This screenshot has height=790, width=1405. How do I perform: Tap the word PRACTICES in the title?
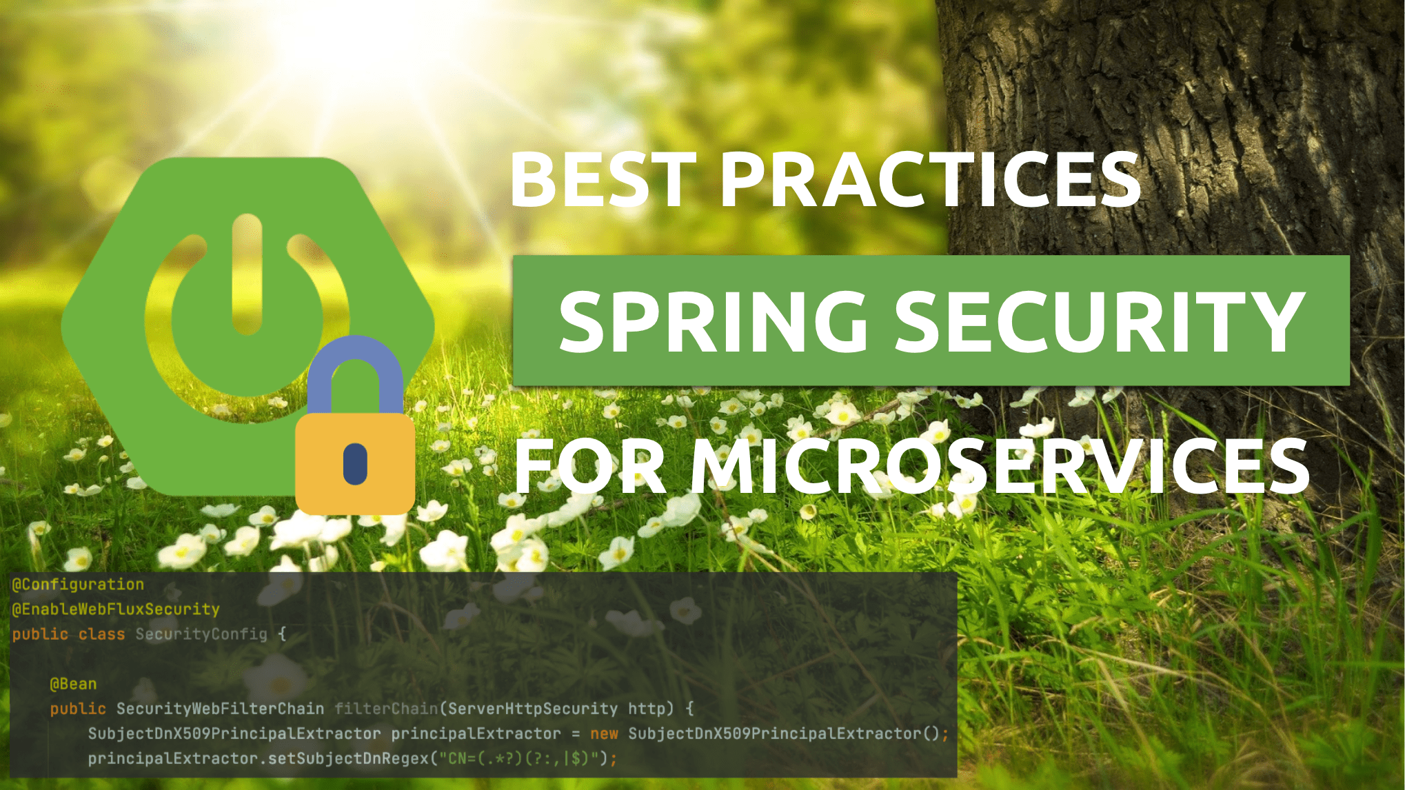[931, 179]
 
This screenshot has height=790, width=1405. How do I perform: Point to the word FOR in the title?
[590, 467]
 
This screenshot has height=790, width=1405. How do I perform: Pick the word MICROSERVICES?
[1000, 467]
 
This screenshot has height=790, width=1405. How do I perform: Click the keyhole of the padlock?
[355, 463]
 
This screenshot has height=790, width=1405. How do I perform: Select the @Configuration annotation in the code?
[78, 585]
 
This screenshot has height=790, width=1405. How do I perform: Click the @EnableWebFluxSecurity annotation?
[116, 609]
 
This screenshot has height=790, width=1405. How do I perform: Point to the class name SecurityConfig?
[201, 634]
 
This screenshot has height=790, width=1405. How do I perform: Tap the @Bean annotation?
[73, 684]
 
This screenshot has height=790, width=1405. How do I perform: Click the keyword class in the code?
[101, 634]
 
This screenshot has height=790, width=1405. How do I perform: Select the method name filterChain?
[386, 709]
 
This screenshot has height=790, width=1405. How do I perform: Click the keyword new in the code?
[604, 734]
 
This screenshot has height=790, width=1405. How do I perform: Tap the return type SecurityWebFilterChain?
[220, 709]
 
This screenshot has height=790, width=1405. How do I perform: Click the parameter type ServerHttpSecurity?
[533, 709]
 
